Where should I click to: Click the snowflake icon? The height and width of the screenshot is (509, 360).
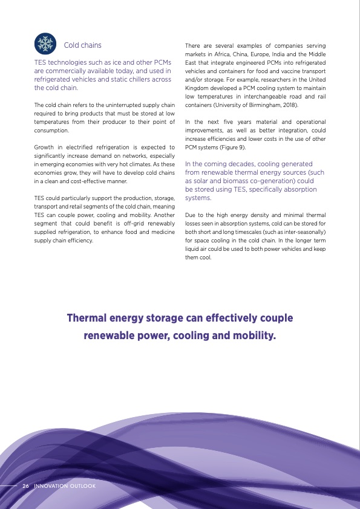45,43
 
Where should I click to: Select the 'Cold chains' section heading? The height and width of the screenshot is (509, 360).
83,45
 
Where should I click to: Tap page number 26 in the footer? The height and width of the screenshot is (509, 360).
26,485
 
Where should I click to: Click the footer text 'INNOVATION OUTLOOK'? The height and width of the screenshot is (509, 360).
65,485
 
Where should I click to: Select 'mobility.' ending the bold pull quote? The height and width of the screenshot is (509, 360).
254,334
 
